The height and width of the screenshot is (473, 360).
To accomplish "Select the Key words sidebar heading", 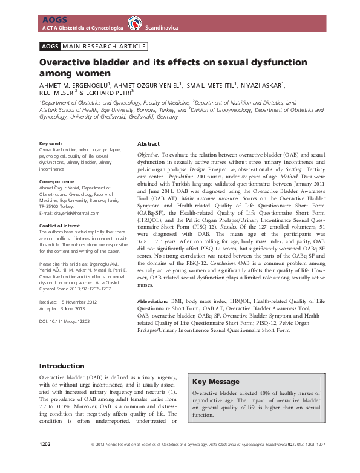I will pos(51,143).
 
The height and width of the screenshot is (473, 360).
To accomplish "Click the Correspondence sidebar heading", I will pos(57,181).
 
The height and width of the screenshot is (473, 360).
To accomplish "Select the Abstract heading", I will pos(148,144).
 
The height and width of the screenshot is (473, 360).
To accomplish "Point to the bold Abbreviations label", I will pos(155,300).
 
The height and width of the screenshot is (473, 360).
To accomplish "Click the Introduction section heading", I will pos(62,366).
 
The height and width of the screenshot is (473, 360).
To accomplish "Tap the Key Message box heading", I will pos(217,382).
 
